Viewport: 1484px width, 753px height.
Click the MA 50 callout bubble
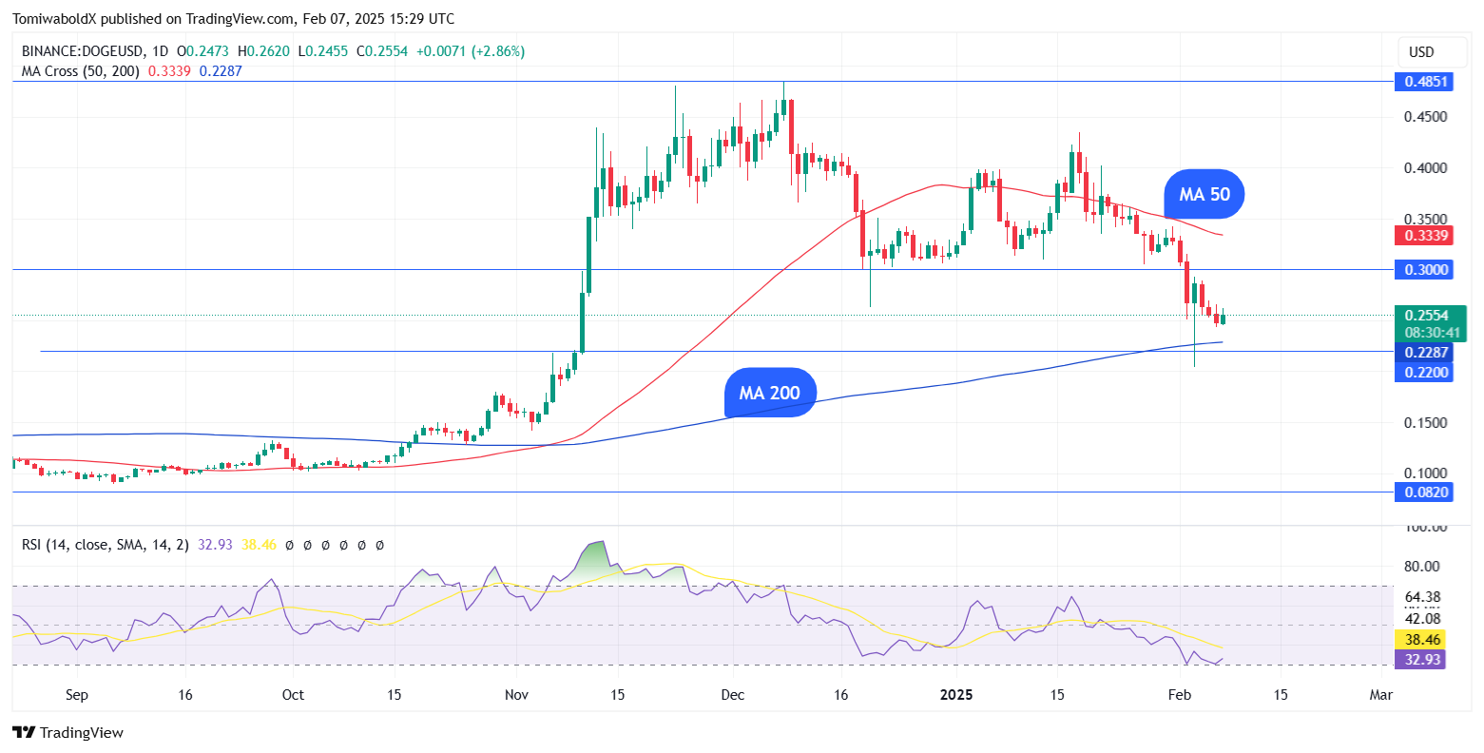click(1205, 195)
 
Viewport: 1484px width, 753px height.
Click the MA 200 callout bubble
click(770, 393)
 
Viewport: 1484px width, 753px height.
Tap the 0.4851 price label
click(1426, 82)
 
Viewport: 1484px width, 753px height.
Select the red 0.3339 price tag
click(1426, 236)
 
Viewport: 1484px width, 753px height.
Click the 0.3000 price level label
click(1426, 270)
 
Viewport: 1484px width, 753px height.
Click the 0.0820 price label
click(1426, 492)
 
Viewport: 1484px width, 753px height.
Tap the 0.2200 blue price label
click(1426, 373)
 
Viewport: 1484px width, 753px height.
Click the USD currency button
click(1421, 51)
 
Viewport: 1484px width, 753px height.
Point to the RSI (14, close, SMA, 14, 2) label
click(106, 545)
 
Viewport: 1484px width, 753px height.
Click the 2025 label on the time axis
click(955, 695)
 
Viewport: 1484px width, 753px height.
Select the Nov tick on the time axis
click(516, 695)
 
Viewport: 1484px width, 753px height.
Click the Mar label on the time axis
click(1380, 695)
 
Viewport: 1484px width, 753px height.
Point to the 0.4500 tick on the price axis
click(1426, 117)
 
